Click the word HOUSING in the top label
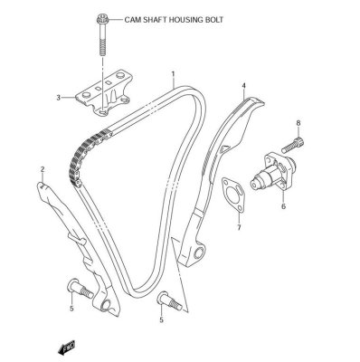point(185,18)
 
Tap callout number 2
point(42,169)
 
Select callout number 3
point(59,98)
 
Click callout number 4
point(243,87)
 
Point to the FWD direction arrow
point(67,348)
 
